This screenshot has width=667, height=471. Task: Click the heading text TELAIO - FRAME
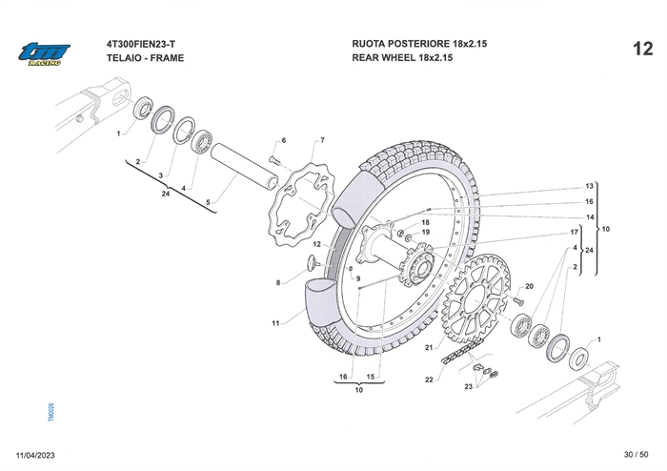pyautogui.click(x=146, y=58)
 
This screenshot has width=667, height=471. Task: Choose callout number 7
pyautogui.click(x=322, y=140)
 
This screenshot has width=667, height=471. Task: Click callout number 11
pyautogui.click(x=274, y=324)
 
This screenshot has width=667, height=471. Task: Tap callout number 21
pyautogui.click(x=429, y=348)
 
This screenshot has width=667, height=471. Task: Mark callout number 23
pyautogui.click(x=469, y=386)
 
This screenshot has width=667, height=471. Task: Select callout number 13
pyautogui.click(x=590, y=186)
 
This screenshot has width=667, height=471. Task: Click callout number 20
pyautogui.click(x=530, y=287)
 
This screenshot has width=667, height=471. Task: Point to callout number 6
pyautogui.click(x=283, y=140)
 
